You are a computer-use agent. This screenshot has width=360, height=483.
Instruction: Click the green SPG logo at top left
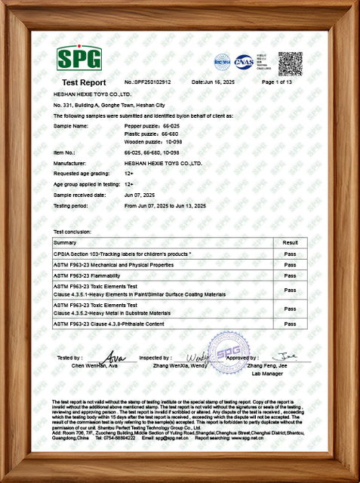pyautogui.click(x=78, y=58)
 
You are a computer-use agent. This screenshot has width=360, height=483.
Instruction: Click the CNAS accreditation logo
pyautogui.click(x=244, y=61)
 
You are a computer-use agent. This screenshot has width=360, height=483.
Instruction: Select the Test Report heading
pyautogui.click(x=84, y=82)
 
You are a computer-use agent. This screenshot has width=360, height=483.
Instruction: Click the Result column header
pyautogui.click(x=289, y=243)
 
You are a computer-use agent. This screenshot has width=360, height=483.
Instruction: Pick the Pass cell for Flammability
pyautogui.click(x=289, y=276)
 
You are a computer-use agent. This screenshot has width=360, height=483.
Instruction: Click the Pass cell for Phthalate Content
pyautogui.click(x=289, y=323)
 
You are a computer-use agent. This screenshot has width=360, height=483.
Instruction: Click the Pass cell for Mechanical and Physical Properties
pyautogui.click(x=289, y=266)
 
